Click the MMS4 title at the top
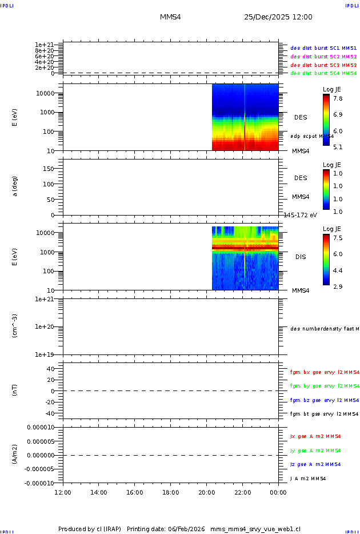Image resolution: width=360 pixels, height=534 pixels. pos(170,17)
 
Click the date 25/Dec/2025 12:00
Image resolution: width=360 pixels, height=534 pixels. pos(278,17)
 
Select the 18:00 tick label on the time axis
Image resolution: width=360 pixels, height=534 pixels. pos(170,492)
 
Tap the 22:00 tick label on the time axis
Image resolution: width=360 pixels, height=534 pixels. pos(242,492)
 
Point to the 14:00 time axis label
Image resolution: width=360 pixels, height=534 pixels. pos(99,492)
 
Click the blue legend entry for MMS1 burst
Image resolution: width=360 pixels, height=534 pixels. pos(323,48)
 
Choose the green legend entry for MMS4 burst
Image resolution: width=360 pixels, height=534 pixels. pos(323,73)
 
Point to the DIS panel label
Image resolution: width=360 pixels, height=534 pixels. pos(300,257)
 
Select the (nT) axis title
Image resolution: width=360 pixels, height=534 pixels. pos(15,390)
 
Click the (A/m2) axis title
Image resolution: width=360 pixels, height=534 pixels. pos(15,455)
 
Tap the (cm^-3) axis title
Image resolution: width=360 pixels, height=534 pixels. pos(15,326)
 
